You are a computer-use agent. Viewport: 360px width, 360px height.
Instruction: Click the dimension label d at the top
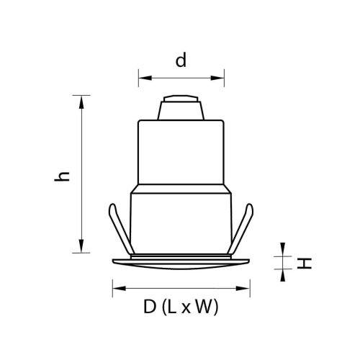181,60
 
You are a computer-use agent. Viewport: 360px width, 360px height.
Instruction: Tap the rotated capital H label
305,263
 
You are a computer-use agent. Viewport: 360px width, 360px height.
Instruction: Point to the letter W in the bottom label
204,308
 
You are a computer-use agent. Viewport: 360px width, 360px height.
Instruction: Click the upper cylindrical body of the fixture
181,151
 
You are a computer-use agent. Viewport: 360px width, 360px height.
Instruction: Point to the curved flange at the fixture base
181,261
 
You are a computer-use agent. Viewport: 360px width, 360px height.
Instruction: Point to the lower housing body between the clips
181,223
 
